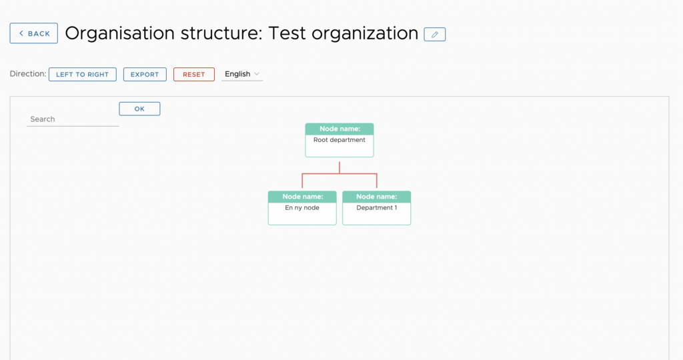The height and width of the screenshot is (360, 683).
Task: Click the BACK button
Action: (x=33, y=33)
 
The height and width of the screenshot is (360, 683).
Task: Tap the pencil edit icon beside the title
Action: (x=435, y=35)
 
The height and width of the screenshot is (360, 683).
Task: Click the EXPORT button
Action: (x=145, y=75)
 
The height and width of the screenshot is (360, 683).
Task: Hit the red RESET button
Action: (x=194, y=75)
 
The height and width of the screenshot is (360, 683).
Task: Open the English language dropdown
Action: (x=241, y=74)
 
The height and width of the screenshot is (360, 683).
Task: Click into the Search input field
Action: (x=73, y=119)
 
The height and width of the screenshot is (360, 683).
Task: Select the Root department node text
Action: (x=339, y=140)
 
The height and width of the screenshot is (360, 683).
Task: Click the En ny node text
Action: (x=302, y=207)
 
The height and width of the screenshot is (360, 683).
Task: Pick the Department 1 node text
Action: (x=377, y=207)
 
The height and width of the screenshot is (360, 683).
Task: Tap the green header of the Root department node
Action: (x=339, y=129)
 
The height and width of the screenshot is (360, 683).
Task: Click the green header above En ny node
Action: (x=302, y=197)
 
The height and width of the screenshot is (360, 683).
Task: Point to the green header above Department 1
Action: (x=377, y=197)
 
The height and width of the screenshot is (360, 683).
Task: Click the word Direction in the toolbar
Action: (x=27, y=73)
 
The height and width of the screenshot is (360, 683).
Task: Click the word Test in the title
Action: (x=287, y=33)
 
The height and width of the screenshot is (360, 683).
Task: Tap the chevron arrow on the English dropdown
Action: (x=257, y=74)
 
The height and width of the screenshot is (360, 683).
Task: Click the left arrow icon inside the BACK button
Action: (x=21, y=33)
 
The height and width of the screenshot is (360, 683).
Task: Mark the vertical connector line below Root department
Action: (x=339, y=167)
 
